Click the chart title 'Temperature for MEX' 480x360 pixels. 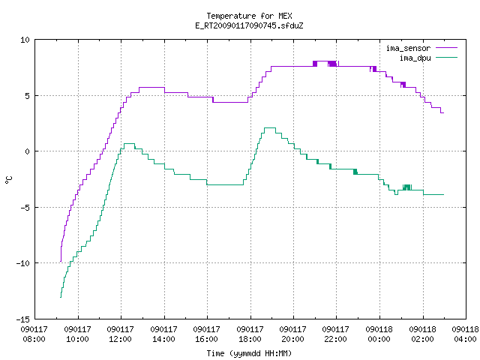[x=249, y=16]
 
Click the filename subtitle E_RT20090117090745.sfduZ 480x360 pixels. [x=249, y=25]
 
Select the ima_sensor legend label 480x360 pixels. [x=408, y=48]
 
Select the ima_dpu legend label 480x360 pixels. [x=415, y=58]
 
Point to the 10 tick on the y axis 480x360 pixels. [x=25, y=40]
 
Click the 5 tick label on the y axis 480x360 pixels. [x=28, y=96]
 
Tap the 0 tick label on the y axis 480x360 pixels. [x=28, y=151]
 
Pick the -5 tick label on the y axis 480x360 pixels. [x=25, y=208]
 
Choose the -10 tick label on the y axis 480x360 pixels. [x=23, y=263]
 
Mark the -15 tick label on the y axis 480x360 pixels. [x=23, y=319]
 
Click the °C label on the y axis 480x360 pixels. [x=8, y=180]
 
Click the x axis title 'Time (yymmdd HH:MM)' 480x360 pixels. [x=249, y=353]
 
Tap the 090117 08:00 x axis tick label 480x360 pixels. [x=34, y=334]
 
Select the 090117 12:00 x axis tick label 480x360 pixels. [x=120, y=334]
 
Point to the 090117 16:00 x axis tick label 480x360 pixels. [x=207, y=334]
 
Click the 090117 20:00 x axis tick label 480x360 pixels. [x=293, y=334]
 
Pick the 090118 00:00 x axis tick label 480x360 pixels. [x=379, y=334]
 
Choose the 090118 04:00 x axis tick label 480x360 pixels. [x=465, y=334]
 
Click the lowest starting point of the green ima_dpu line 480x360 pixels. [x=61, y=297]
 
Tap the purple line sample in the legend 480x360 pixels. [x=446, y=48]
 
